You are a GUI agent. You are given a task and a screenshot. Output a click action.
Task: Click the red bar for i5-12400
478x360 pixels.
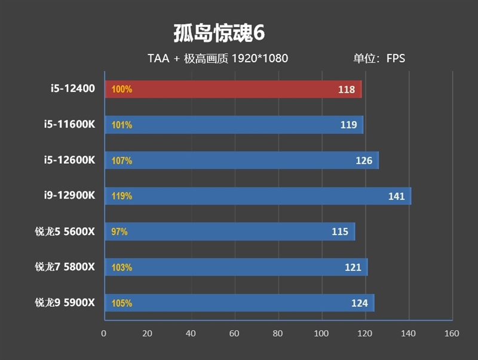click(x=233, y=90)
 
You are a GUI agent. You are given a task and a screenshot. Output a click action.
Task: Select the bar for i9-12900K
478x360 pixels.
click(x=257, y=196)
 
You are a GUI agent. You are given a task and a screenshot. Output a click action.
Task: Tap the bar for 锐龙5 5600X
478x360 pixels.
click(x=229, y=231)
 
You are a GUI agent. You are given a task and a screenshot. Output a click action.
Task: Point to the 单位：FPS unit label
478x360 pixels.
click(x=379, y=59)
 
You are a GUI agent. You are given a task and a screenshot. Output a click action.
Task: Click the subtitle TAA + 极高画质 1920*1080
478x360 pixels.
click(x=218, y=59)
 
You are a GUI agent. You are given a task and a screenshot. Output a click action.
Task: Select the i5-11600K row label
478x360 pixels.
click(x=69, y=125)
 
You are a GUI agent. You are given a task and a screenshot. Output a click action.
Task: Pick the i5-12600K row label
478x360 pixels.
click(x=69, y=160)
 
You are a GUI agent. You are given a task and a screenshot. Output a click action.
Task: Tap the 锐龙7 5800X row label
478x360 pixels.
click(x=65, y=267)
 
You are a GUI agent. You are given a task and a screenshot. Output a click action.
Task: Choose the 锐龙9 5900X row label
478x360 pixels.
click(x=65, y=303)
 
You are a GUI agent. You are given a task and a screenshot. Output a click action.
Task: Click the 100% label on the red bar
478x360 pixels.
click(x=121, y=90)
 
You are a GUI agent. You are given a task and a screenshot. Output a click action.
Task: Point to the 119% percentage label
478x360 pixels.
click(x=121, y=196)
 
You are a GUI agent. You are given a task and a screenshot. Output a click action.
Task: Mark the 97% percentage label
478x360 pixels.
click(x=119, y=231)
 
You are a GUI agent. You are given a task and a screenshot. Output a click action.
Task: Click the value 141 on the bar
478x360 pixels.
click(x=396, y=196)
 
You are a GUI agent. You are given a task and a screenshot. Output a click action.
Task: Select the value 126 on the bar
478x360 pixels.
click(x=363, y=161)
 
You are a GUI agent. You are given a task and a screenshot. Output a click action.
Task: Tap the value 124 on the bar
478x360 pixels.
click(x=359, y=303)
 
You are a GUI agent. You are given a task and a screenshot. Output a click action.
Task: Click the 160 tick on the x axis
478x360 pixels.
click(x=452, y=333)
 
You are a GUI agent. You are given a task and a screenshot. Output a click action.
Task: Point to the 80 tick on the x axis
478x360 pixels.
click(x=278, y=333)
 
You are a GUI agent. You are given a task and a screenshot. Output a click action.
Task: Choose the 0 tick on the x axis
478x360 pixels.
click(x=104, y=333)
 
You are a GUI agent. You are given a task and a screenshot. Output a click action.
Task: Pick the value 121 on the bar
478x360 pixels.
click(x=353, y=267)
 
